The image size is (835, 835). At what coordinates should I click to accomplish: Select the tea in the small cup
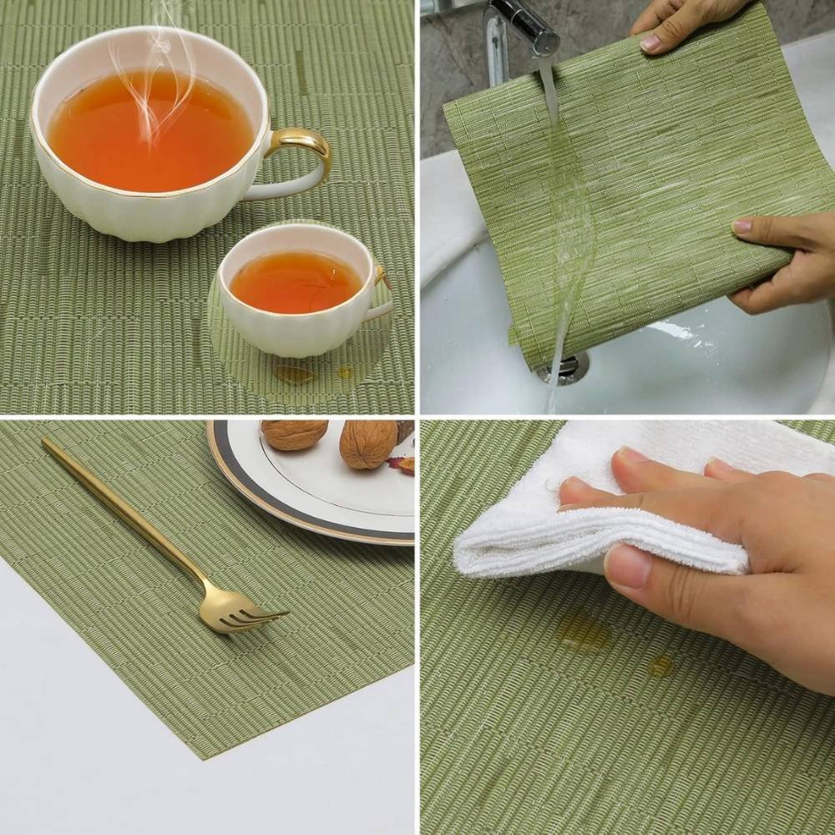[296, 282]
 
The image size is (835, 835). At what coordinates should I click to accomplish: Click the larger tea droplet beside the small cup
[294, 375]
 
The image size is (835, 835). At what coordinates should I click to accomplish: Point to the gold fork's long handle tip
[47, 443]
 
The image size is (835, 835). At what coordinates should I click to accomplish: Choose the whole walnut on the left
[294, 434]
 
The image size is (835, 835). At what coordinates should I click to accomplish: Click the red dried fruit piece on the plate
[404, 464]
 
